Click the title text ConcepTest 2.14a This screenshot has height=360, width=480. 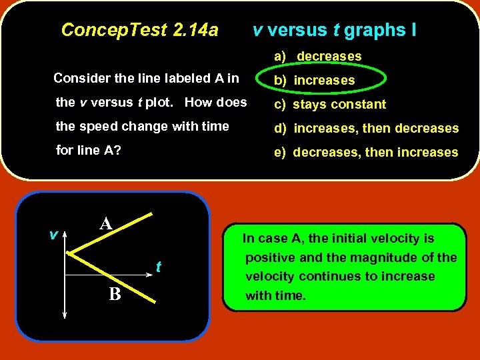(x=139, y=30)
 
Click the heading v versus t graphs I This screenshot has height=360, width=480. (x=334, y=30)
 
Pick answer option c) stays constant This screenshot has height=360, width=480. (x=330, y=105)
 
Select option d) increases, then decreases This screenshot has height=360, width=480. (x=366, y=129)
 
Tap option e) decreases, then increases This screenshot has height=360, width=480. (x=366, y=153)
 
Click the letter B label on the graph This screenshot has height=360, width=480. (x=115, y=293)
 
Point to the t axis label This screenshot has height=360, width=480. (x=158, y=267)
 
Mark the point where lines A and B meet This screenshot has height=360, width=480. (x=69, y=254)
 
